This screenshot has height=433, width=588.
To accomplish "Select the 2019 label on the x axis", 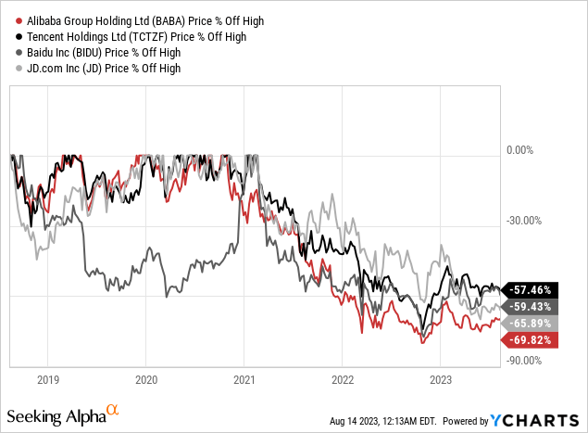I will (x=48, y=378).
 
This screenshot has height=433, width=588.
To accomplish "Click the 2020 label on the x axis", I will (x=146, y=378).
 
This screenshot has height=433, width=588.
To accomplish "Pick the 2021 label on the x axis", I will (x=244, y=378).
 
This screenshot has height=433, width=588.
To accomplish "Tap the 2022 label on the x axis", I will (x=342, y=378).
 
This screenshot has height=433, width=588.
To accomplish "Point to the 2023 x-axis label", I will (x=440, y=378).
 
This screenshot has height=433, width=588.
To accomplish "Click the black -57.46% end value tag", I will (x=532, y=290).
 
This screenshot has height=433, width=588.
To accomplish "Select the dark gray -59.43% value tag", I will (x=532, y=306).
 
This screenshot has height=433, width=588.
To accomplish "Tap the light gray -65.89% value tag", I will (x=532, y=323).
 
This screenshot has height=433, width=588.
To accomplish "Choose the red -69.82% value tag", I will (x=532, y=340).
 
